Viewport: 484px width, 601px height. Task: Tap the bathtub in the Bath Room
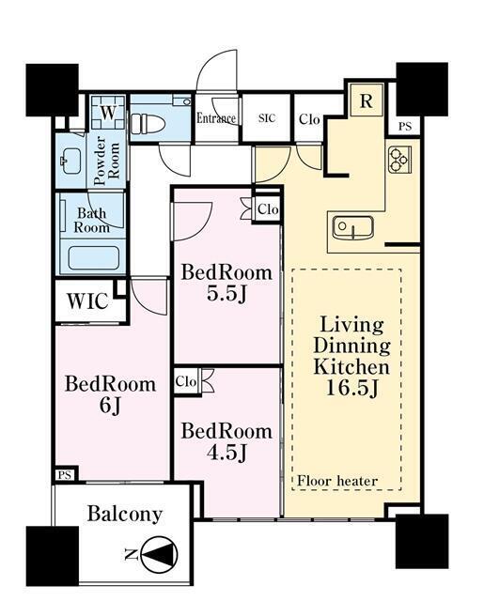93,257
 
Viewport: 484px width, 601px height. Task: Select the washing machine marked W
108,113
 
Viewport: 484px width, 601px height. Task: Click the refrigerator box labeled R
367,100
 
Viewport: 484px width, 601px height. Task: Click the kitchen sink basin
352,228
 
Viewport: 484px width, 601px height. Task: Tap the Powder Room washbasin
71,161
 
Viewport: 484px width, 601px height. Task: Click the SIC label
267,118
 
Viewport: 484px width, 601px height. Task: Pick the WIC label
87,301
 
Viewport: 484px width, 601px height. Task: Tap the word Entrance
216,118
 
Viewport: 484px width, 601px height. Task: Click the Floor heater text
337,481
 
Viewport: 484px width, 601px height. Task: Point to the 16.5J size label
352,388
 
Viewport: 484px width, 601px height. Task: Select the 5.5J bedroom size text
226,294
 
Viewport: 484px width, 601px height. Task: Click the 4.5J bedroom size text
226,453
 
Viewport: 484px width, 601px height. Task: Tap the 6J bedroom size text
110,406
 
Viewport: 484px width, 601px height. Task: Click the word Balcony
125,515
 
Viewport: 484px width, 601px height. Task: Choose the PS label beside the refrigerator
405,127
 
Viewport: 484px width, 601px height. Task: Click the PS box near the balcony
65,475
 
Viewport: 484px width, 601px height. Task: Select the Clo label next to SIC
309,119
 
